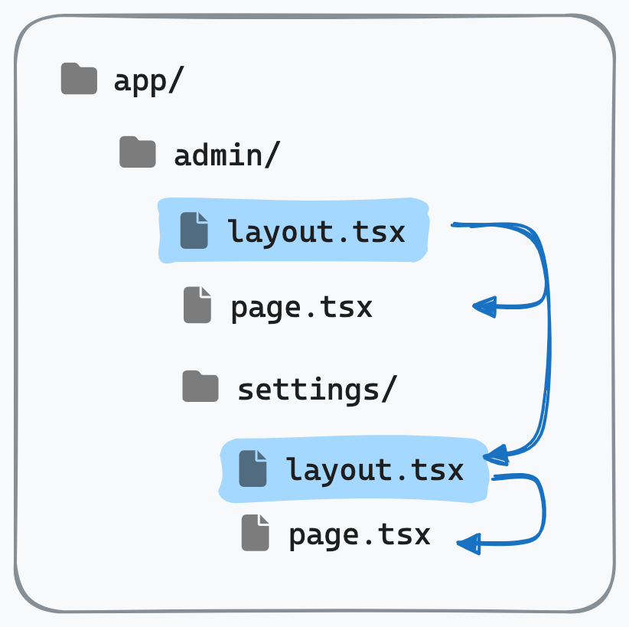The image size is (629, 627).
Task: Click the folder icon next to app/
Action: [79, 79]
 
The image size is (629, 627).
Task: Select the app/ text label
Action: [148, 81]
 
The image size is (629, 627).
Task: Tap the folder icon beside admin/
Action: [138, 152]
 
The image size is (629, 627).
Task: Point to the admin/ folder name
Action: [227, 154]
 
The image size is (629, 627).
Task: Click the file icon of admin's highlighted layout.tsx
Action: [194, 230]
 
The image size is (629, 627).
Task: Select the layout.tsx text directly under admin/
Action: [316, 232]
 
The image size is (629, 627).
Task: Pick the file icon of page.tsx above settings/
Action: [197, 305]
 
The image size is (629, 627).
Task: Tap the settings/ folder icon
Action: [200, 386]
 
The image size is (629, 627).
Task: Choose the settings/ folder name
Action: [318, 389]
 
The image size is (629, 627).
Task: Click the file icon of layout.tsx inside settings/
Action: [253, 469]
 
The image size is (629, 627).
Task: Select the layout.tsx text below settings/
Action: [375, 469]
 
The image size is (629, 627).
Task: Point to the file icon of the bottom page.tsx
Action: [256, 533]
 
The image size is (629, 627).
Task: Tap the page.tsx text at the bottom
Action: [360, 535]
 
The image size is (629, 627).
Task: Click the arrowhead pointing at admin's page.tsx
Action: [484, 307]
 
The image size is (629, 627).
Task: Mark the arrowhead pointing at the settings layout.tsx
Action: [496, 456]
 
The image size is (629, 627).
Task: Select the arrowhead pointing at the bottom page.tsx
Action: [468, 544]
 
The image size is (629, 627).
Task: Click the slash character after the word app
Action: [177, 80]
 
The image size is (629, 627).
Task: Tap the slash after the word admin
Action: [272, 154]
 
